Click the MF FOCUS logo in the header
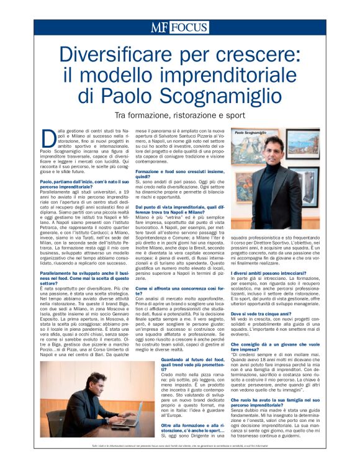point(180,27)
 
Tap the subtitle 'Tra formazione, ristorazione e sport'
point(179,115)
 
